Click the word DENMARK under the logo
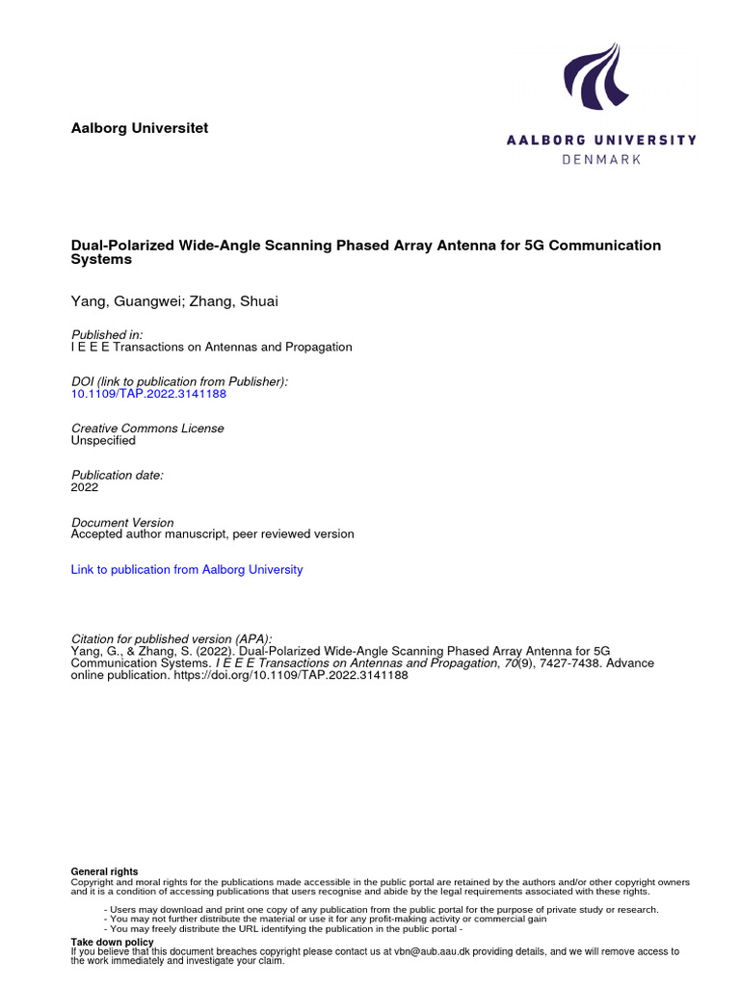[601, 159]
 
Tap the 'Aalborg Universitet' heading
[140, 128]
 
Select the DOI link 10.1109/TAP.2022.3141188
[148, 394]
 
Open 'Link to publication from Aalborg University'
[187, 569]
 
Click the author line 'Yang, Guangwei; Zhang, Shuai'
[175, 302]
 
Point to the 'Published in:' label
[107, 334]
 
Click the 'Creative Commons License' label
[147, 428]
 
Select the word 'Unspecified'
[103, 440]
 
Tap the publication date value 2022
[85, 487]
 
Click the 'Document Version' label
[122, 522]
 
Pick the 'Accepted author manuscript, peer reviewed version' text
[212, 533]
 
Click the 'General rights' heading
[104, 871]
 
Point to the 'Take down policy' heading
[112, 942]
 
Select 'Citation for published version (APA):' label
[172, 638]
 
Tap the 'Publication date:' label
[118, 475]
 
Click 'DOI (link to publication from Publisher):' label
[179, 381]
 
